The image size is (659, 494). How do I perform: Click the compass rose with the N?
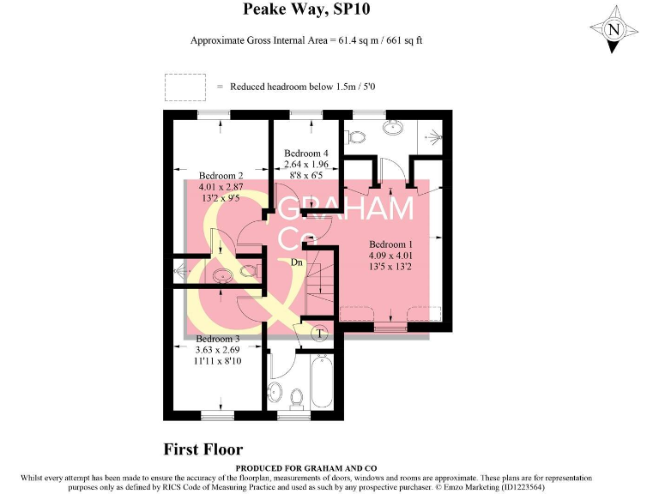[613, 29]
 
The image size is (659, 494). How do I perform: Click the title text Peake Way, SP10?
[307, 10]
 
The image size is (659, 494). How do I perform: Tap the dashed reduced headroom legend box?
[185, 87]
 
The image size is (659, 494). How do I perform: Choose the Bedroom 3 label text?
[215, 338]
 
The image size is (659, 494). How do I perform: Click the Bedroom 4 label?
[307, 153]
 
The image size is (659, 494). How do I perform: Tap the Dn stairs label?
[296, 262]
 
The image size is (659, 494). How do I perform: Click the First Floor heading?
[203, 449]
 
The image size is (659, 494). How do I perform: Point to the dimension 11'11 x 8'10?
[215, 362]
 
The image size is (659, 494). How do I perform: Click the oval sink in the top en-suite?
[393, 128]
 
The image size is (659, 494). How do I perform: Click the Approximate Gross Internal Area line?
[307, 40]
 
